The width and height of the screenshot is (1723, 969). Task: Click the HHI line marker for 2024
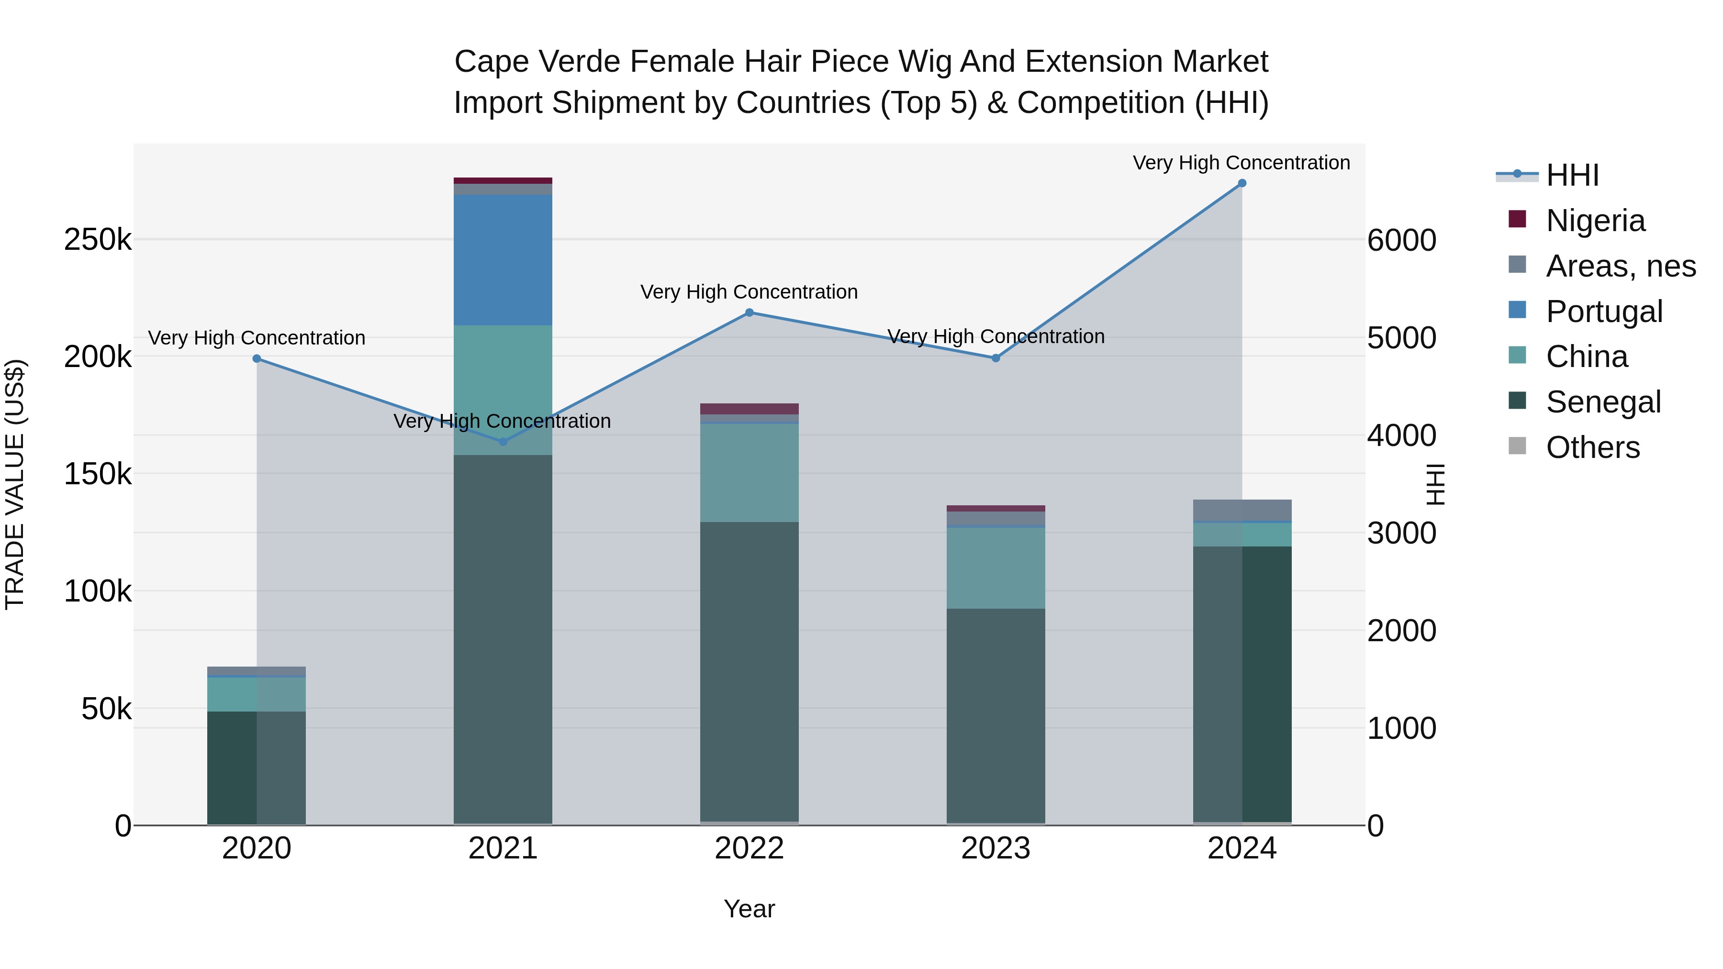1242,183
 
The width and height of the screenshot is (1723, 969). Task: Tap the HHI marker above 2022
749,312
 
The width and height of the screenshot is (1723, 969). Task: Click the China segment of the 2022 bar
749,472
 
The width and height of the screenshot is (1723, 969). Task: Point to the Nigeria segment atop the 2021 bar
503,180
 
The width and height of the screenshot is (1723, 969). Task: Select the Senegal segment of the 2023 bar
996,715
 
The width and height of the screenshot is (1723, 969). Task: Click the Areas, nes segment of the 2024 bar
1242,510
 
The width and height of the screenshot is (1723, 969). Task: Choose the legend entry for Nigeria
1595,221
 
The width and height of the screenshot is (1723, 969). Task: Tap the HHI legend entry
1572,175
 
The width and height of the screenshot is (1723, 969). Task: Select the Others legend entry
1592,447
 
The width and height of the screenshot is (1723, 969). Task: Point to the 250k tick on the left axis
98,239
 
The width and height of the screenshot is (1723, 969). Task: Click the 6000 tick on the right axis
1401,240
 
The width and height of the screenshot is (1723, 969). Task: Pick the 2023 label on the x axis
996,848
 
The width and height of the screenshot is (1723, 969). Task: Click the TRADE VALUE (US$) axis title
15,484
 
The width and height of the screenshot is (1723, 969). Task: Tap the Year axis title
749,909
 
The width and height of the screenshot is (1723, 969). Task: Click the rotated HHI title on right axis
1435,484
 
